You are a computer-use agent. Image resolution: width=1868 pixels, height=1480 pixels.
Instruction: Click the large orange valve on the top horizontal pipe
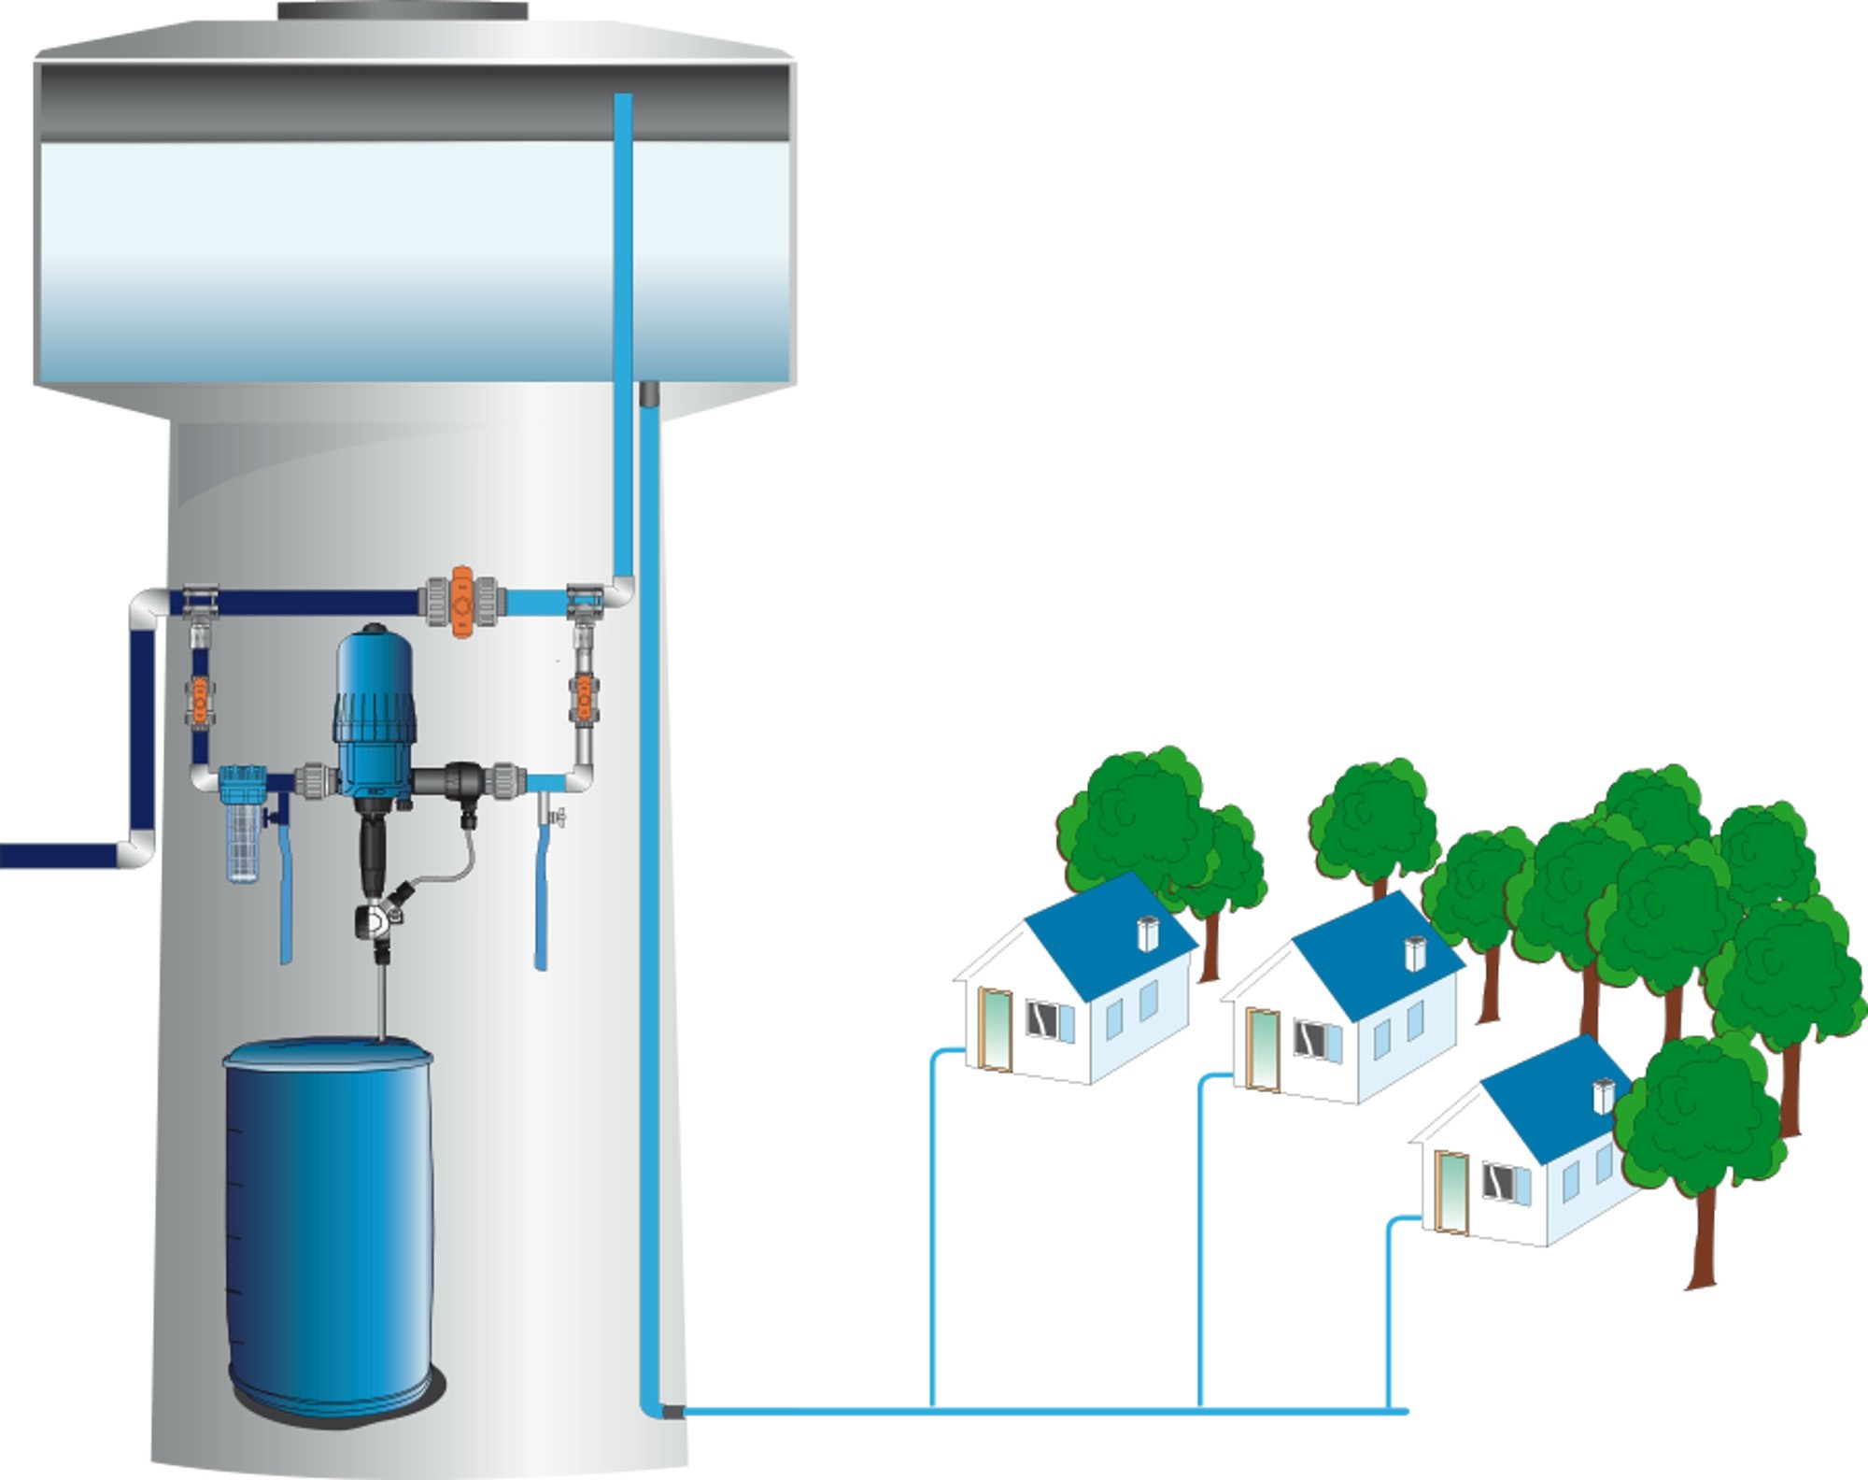coord(461,601)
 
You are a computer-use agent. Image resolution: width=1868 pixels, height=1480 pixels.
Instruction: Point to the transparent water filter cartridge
coord(242,841)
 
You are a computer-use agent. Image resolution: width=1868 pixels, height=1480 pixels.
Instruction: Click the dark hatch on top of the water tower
coord(403,11)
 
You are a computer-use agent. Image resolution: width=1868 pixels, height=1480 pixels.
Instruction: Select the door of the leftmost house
coord(996,1029)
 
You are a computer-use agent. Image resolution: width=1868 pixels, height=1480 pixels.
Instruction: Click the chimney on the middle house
coord(1415,953)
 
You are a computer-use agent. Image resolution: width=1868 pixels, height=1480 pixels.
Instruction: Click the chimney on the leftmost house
coord(1147,933)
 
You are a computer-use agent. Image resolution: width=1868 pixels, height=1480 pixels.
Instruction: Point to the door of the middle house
coord(1263,1049)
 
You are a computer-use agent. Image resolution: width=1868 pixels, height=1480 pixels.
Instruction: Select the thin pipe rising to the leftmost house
coord(932,1215)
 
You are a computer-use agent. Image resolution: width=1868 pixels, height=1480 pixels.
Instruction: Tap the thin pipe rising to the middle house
coord(1200,1233)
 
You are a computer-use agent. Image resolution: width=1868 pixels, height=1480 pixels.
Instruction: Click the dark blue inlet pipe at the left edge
coord(56,855)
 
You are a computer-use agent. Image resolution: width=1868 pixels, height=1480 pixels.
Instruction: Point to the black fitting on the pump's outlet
coord(464,780)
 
